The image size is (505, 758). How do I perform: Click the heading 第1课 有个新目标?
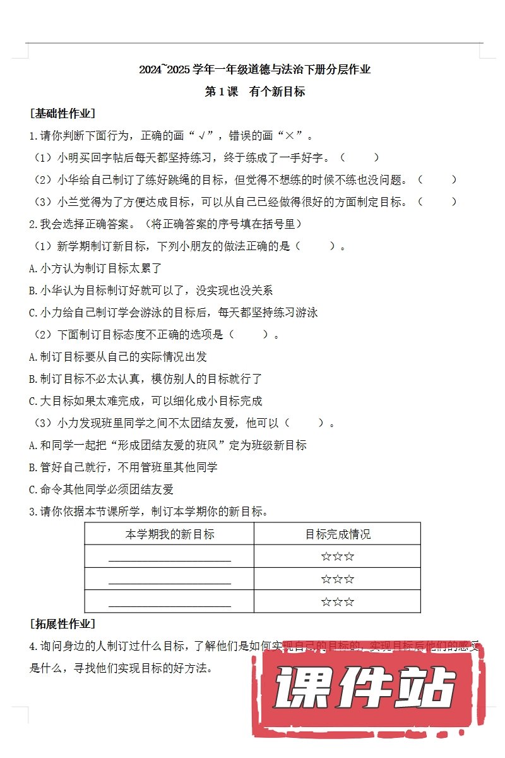coord(255,92)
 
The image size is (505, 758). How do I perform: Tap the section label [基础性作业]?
coord(62,114)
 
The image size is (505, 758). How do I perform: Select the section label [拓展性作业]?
coord(62,624)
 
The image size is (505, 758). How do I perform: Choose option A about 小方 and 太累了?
coord(87,268)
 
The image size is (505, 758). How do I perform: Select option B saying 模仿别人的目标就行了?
coord(145,378)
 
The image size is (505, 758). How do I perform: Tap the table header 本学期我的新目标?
coord(170,534)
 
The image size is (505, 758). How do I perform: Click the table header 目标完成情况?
coord(338,534)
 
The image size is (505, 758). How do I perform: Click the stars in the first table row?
coord(338,556)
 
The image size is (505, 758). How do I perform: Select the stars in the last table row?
coord(338,601)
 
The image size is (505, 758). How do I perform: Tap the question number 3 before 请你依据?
coord(33,512)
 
